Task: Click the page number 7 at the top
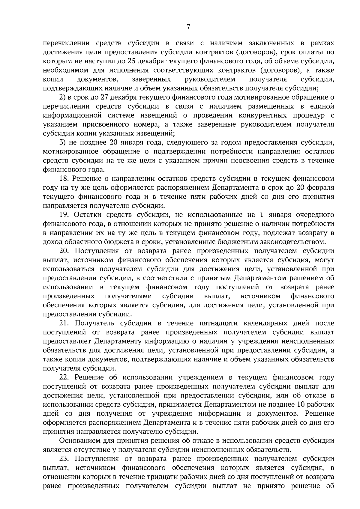[x=188, y=27]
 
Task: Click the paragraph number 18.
[x=65, y=179]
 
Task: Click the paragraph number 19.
[x=65, y=215]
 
